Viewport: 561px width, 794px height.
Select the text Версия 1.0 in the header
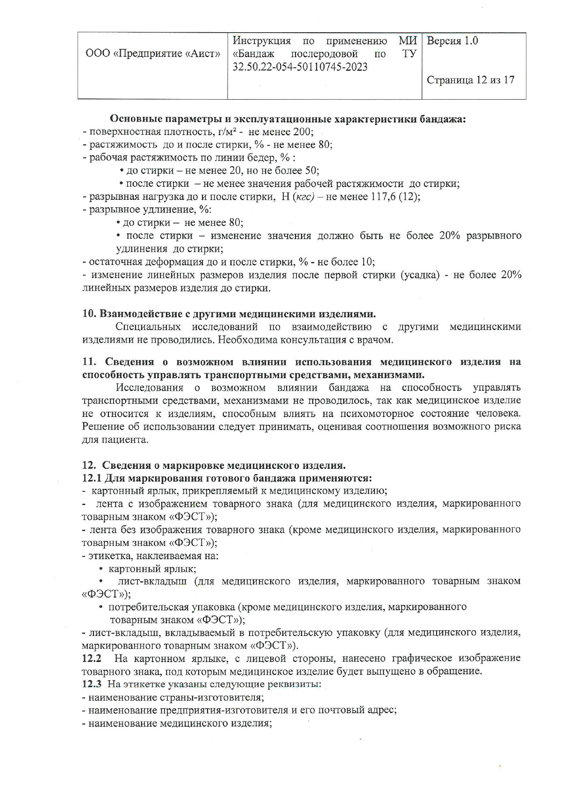[x=453, y=41]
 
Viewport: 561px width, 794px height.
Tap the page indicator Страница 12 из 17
[x=470, y=80]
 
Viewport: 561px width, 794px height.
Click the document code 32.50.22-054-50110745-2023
[x=300, y=67]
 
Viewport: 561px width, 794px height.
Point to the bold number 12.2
[x=92, y=658]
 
